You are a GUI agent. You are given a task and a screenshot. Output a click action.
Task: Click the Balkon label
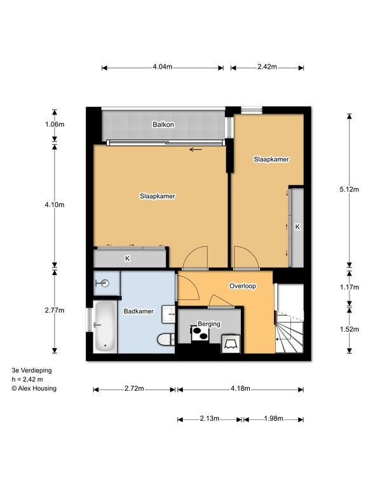pos(163,125)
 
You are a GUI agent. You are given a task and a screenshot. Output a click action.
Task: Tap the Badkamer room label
pos(139,311)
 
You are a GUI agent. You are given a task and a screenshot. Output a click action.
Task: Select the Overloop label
pos(243,286)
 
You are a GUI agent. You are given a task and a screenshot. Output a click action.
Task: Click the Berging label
pos(209,323)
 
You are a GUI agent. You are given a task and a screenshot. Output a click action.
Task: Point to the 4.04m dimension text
pos(163,67)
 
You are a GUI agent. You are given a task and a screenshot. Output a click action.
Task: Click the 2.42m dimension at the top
pos(267,67)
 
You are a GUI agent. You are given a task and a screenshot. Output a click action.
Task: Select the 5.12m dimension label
pos(349,189)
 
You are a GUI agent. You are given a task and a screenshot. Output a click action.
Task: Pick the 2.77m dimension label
pos(55,310)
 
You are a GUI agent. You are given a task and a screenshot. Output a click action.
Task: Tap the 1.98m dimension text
pos(274,419)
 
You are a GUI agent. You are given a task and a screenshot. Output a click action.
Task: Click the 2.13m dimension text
pos(210,419)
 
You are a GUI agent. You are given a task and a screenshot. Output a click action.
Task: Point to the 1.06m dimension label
pos(55,125)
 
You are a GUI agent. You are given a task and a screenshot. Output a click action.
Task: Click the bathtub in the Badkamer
pos(105,327)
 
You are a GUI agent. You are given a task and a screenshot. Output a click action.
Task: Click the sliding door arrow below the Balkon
pos(196,150)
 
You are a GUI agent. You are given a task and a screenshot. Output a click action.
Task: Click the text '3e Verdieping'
pos(32,370)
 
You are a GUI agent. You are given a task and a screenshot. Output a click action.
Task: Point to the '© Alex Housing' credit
pos(34,388)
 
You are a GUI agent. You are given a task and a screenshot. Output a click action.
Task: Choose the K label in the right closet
pos(297,227)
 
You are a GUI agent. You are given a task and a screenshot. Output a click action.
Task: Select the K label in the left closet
pos(128,259)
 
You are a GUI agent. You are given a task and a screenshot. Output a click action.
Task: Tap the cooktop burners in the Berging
pos(199,334)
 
